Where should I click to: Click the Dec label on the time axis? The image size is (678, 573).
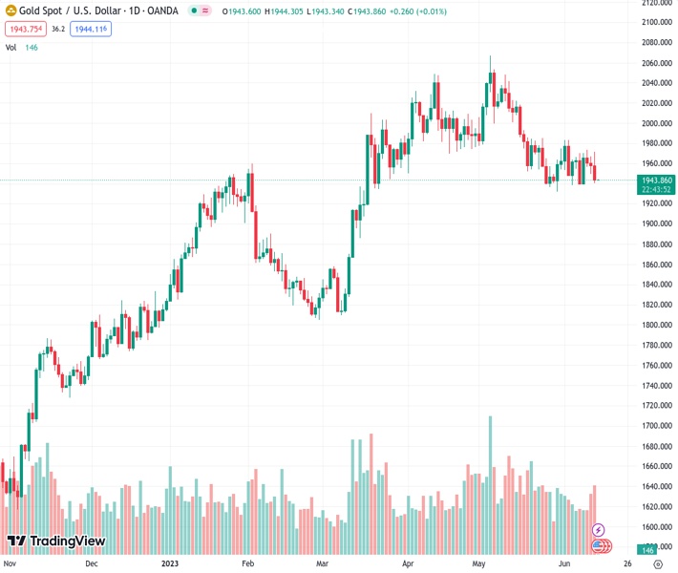(x=92, y=563)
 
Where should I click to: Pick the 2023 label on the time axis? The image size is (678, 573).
(x=171, y=563)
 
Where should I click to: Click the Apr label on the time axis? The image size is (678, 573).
(x=409, y=563)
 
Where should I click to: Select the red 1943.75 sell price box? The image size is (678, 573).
(x=25, y=30)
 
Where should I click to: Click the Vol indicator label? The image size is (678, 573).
(x=11, y=47)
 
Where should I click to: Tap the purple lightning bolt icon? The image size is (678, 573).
(x=599, y=529)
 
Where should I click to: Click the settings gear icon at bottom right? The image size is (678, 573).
(x=658, y=563)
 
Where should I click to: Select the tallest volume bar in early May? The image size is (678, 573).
(x=490, y=485)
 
